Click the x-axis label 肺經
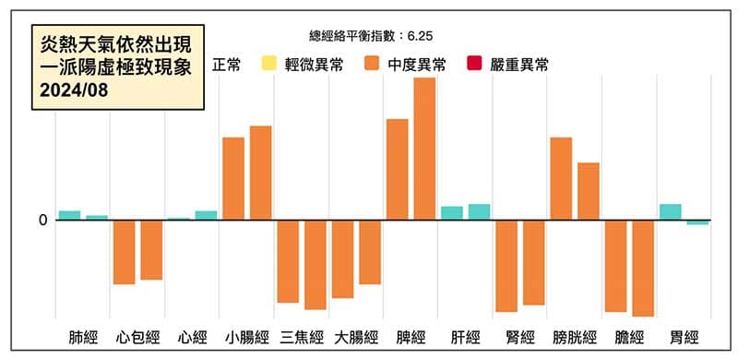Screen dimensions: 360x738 (83, 337)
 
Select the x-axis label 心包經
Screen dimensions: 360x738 (137, 337)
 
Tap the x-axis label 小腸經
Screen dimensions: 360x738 (246, 337)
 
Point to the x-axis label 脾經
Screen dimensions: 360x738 (411, 337)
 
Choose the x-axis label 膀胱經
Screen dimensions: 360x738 (574, 337)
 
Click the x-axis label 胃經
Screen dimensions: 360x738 (684, 337)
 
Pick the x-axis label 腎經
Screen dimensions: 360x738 (519, 337)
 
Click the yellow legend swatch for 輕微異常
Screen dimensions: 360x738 (268, 64)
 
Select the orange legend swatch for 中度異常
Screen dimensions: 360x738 (373, 64)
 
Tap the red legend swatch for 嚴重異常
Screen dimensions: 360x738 (476, 64)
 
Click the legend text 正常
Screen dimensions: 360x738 (227, 65)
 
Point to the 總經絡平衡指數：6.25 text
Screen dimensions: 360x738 (369, 35)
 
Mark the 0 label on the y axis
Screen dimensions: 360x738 (42, 220)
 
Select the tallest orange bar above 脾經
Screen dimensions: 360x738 (424, 148)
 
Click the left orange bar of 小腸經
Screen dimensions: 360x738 (233, 178)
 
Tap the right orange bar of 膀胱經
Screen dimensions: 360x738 (589, 191)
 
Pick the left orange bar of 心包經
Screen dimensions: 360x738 (125, 252)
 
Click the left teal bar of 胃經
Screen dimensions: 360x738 (671, 211)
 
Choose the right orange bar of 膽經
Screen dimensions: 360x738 (643, 268)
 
